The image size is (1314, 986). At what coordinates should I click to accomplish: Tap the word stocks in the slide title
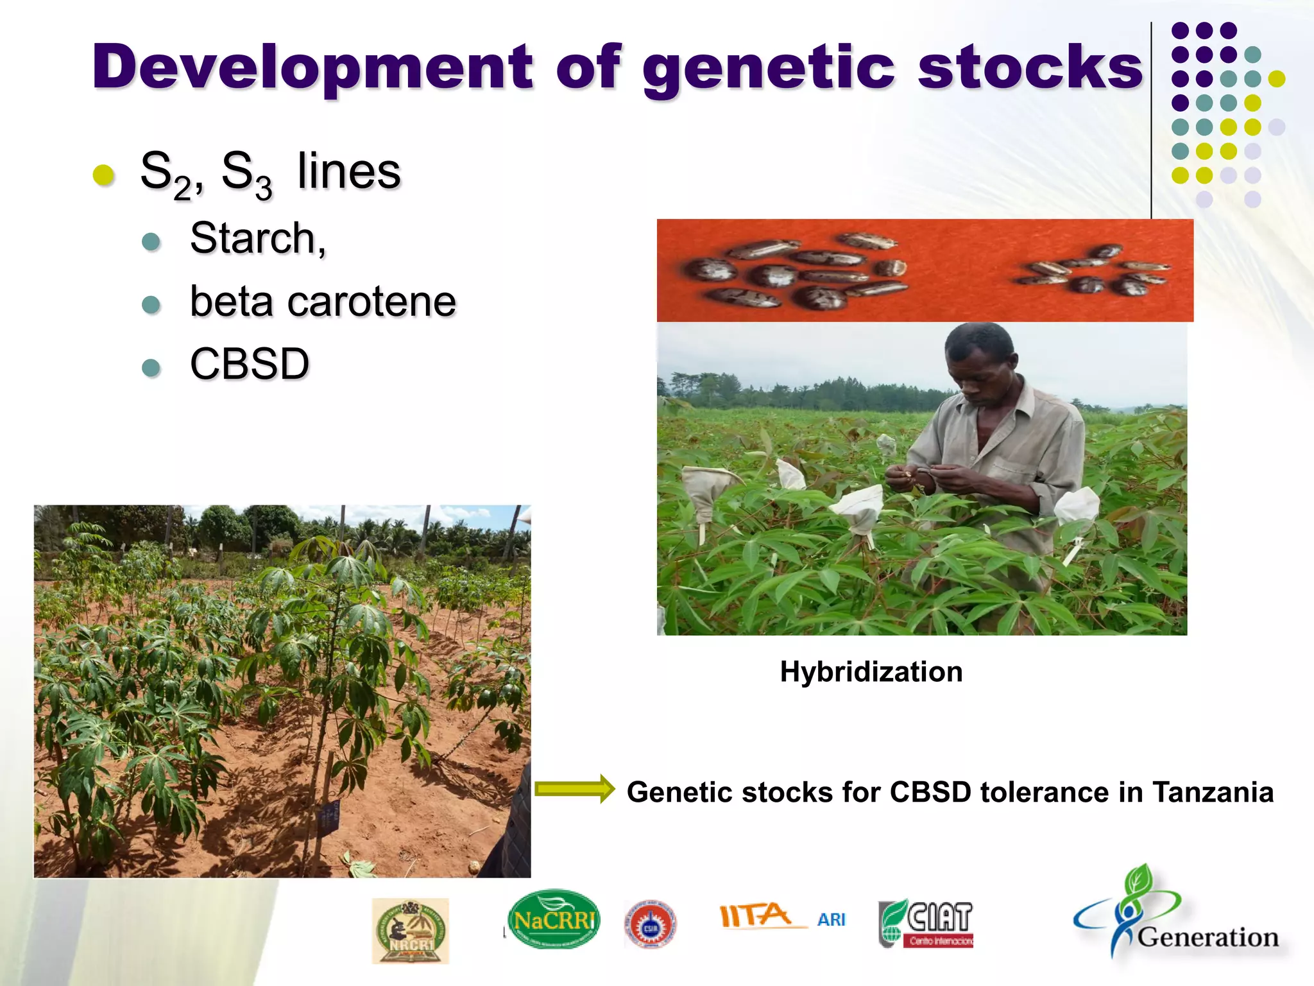click(x=1030, y=67)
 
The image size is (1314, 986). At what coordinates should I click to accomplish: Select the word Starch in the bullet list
click(x=257, y=238)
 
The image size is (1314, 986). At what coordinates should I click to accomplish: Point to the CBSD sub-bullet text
click(x=250, y=364)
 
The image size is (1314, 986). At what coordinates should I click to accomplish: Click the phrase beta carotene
click(x=323, y=301)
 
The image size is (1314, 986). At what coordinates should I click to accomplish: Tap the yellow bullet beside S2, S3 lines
click(x=104, y=174)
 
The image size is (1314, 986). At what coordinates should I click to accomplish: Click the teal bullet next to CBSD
click(x=151, y=368)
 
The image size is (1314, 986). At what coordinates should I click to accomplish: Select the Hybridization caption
click(x=871, y=672)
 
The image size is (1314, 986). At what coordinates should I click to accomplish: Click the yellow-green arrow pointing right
click(x=574, y=789)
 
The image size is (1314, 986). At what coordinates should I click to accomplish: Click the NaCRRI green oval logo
click(x=554, y=920)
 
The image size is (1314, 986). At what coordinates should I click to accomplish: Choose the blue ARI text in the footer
click(x=832, y=920)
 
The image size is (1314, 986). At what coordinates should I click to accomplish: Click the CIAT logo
click(x=926, y=923)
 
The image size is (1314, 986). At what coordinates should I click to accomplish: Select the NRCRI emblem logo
click(x=411, y=931)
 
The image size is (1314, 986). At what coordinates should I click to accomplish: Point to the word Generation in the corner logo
click(x=1208, y=937)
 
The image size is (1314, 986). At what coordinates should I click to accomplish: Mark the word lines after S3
click(x=349, y=171)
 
